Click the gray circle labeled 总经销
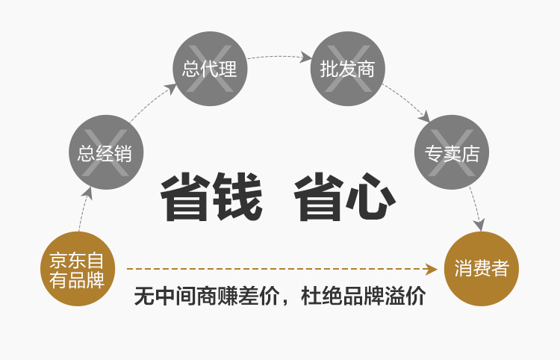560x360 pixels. tap(106, 152)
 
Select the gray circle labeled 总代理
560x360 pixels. tap(210, 68)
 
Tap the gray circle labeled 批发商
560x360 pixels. tap(347, 68)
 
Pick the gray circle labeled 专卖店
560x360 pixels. tap(452, 152)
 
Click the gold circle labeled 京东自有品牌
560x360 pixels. tap(78, 269)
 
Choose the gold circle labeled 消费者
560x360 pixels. tap(482, 269)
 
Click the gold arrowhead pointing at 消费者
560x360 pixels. tap(431, 269)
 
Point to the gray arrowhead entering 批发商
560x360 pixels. tap(305, 58)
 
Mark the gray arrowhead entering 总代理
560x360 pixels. tap(171, 88)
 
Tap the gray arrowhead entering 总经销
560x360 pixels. tap(87, 193)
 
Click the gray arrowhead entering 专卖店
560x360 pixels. tap(424, 117)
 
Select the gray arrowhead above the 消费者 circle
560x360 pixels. tap(479, 225)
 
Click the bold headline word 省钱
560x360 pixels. tap(211, 196)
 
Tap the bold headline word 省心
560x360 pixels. tap(345, 196)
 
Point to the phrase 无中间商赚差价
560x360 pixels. tap(206, 296)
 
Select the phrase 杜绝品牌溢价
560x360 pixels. tap(363, 296)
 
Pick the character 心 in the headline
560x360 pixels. tap(371, 196)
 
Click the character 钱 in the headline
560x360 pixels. tap(237, 196)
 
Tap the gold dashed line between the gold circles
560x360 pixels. tap(276, 269)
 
